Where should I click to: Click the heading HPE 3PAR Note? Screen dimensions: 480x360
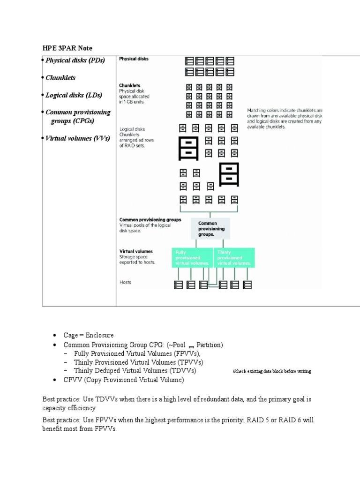pos(67,48)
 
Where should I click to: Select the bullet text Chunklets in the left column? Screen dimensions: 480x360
pos(60,78)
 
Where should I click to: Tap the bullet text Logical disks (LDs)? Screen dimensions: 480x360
pos(74,95)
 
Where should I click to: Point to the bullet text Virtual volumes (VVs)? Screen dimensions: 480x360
pos(77,138)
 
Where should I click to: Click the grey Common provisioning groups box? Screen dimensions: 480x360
pos(210,229)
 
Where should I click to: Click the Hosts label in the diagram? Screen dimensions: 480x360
pos(125,282)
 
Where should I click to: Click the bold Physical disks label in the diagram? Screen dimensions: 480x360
pos(134,59)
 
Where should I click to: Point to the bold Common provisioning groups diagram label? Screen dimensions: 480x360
pos(150,219)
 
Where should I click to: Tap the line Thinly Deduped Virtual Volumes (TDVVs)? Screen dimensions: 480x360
pos(135,370)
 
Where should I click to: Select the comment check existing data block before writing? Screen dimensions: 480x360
pos(272,371)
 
